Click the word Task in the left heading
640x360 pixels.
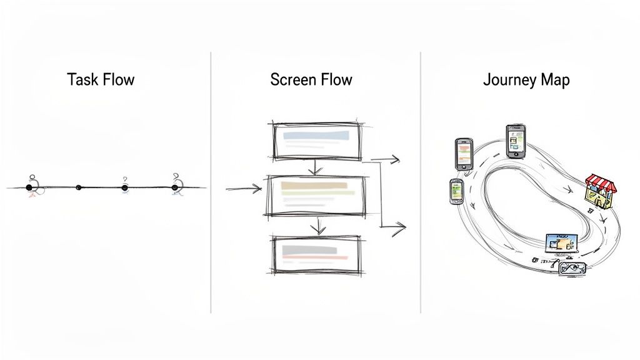[82, 80]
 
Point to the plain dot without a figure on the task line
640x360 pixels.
[78, 187]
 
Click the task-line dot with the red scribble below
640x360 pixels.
[29, 187]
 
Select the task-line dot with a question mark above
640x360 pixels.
[124, 187]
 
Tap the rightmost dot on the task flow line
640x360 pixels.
[175, 187]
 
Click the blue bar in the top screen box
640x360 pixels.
[315, 134]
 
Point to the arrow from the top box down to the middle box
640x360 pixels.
[316, 167]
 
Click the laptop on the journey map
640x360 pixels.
[561, 244]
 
